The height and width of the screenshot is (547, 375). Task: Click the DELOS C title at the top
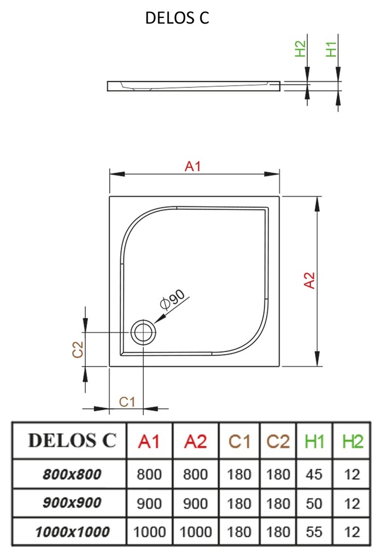tap(177, 18)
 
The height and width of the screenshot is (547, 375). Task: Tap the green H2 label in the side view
tap(301, 49)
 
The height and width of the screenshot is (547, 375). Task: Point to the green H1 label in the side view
tap(331, 49)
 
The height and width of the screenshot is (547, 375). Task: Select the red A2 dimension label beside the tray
tap(310, 280)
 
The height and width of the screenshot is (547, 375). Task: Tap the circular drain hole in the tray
tap(143, 331)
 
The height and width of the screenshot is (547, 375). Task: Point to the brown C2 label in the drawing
tap(78, 349)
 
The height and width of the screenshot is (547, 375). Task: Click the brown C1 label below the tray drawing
tap(127, 402)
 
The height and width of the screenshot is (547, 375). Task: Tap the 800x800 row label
tap(72, 474)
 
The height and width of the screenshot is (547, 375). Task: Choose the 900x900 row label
tap(72, 503)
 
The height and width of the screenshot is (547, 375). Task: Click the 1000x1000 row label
tap(72, 531)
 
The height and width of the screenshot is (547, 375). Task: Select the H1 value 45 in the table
tap(314, 474)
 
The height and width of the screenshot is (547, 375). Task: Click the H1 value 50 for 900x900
tap(314, 503)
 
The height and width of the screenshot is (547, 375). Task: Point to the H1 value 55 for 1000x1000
tap(314, 531)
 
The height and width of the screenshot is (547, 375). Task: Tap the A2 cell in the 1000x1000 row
tap(195, 531)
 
